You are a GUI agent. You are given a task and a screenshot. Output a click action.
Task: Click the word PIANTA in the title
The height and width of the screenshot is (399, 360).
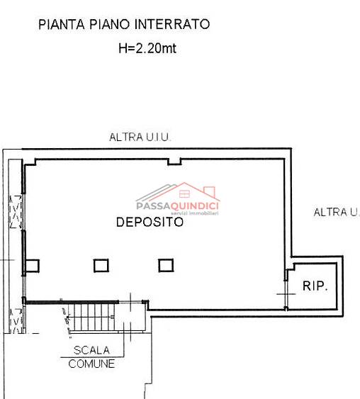61,24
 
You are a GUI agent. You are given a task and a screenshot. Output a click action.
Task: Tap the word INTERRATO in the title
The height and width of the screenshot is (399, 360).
172,24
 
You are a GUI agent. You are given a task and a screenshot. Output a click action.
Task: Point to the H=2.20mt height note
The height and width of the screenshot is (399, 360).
147,48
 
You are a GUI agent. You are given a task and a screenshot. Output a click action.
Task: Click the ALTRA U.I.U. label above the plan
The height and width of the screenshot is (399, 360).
140,137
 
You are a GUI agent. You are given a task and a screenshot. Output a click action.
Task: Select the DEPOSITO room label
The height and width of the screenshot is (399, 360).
150,222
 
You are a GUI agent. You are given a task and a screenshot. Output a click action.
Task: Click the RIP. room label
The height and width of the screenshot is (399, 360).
315,286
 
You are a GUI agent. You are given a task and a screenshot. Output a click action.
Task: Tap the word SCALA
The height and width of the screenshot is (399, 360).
91,350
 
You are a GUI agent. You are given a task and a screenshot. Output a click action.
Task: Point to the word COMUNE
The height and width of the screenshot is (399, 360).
91,364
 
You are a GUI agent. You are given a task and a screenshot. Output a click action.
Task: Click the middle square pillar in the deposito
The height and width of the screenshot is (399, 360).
101,266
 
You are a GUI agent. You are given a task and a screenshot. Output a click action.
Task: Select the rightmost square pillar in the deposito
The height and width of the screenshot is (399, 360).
166,265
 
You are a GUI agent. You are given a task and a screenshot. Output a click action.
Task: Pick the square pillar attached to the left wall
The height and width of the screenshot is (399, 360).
33,266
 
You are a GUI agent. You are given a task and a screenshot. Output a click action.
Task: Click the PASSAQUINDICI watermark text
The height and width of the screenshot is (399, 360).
177,206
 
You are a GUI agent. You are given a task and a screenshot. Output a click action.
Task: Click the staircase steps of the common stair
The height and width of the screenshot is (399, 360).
91,317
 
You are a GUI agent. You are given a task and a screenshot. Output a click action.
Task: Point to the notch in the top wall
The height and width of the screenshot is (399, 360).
174,162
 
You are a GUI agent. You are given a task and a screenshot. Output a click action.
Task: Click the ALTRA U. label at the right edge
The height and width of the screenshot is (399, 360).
337,212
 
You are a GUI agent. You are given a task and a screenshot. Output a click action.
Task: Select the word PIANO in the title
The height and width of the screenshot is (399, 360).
109,24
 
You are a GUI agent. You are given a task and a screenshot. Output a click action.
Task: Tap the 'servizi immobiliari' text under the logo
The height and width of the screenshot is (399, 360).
195,213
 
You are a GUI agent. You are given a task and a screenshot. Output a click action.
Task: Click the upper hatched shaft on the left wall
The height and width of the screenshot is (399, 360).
16,212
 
